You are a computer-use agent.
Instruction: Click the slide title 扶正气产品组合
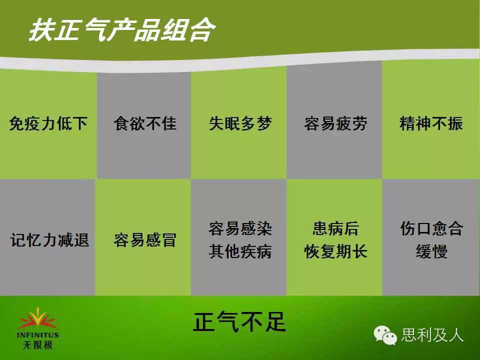(x=122, y=29)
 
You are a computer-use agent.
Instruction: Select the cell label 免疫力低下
(x=48, y=123)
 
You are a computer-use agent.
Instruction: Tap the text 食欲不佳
(x=145, y=123)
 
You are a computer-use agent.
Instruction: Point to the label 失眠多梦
(x=240, y=123)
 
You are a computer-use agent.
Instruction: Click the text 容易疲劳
(x=335, y=123)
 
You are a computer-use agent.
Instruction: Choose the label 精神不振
(x=431, y=123)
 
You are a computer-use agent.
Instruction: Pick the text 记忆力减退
(x=49, y=239)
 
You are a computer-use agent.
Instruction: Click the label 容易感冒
(x=145, y=239)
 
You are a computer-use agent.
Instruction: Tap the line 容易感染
(x=240, y=228)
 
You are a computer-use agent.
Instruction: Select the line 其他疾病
(x=240, y=251)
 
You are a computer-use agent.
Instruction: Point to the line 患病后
(x=335, y=228)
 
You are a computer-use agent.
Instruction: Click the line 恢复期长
(x=335, y=251)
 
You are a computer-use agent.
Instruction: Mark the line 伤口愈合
(x=431, y=228)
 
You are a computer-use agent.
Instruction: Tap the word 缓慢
(x=431, y=251)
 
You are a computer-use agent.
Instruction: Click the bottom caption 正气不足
(x=239, y=322)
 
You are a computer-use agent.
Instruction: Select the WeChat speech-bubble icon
(x=384, y=335)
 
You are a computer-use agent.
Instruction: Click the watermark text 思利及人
(x=432, y=335)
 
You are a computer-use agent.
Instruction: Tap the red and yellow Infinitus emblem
(x=37, y=318)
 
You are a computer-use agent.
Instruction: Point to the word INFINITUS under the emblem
(x=37, y=335)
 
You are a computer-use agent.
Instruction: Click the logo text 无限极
(x=37, y=345)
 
